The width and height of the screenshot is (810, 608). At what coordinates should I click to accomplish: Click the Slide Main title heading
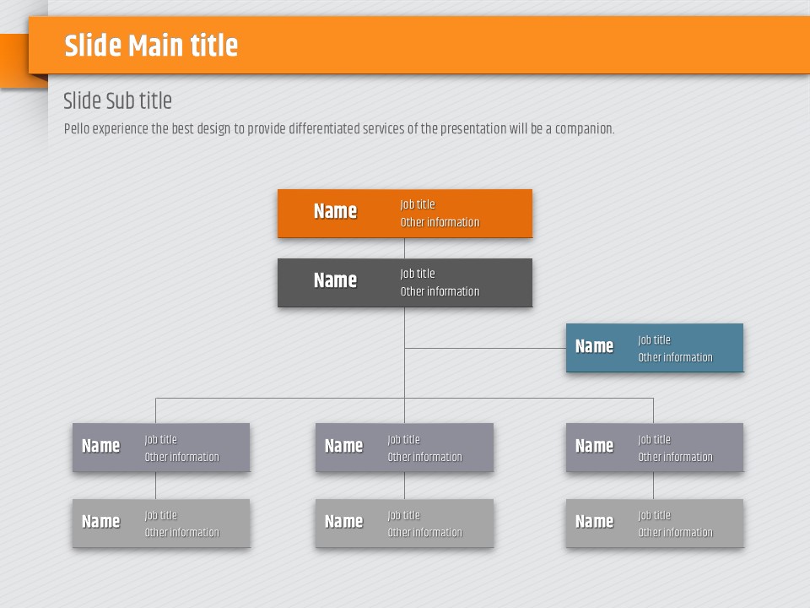pos(151,46)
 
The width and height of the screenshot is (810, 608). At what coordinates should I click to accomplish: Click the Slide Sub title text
pos(117,100)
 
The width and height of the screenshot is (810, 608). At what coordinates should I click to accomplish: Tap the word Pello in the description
pos(77,128)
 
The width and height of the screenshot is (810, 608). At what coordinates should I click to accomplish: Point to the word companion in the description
pos(584,128)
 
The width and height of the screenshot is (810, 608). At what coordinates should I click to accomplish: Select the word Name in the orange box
pos(335,211)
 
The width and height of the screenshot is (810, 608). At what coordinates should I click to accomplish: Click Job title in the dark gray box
pos(418,274)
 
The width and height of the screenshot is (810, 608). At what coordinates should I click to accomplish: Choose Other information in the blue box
pos(675,357)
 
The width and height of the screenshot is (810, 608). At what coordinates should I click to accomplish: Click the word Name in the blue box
pos(594,346)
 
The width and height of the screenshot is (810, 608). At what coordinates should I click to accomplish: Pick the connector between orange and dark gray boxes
pos(404,248)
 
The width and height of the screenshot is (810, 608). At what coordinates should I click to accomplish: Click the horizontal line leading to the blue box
pos(485,348)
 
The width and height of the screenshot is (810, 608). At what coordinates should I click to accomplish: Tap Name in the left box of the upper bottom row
pos(100,446)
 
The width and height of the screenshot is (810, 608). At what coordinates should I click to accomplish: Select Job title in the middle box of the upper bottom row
pos(403,439)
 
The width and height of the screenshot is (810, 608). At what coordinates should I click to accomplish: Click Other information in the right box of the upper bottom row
pos(675,457)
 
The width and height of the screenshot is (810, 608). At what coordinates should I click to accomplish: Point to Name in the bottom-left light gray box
pos(100,521)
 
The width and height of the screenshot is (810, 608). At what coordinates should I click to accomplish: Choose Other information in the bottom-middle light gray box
pos(424,533)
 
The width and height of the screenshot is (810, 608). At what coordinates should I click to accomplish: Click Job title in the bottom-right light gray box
pos(654,515)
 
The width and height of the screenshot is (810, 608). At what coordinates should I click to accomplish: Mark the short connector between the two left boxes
pos(155,486)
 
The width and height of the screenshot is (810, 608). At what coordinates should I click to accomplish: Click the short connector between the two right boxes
pos(653,486)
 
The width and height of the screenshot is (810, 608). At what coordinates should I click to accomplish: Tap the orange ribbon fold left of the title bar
pos(14,61)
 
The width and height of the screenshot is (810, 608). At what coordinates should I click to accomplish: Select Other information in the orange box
pos(440,222)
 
